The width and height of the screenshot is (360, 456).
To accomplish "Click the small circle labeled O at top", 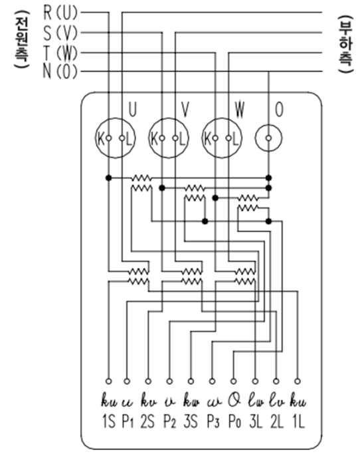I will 268,140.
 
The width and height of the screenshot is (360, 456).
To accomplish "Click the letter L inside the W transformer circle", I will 236,140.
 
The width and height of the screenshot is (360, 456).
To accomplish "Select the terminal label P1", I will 128,421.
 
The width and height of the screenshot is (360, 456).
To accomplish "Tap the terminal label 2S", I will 149,421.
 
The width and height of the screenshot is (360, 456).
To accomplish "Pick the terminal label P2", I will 171,421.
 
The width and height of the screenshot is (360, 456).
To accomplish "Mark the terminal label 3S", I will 191,421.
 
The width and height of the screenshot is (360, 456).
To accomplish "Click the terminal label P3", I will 213,421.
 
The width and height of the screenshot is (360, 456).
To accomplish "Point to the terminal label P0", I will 234,421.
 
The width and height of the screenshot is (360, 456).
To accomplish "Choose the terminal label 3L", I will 256,421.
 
